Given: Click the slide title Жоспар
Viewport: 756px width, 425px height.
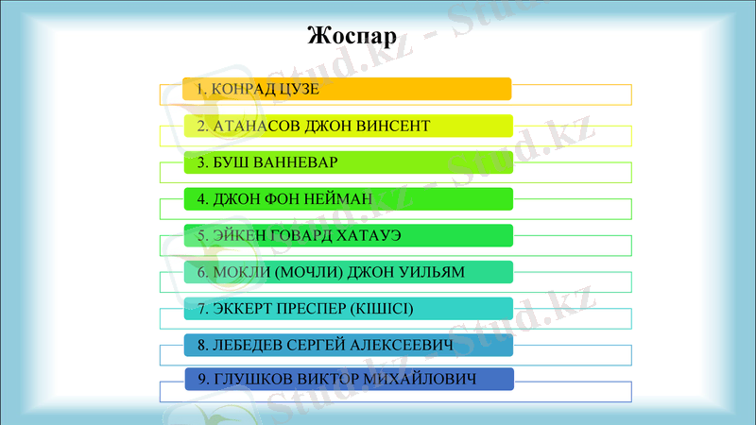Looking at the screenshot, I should pyautogui.click(x=352, y=37).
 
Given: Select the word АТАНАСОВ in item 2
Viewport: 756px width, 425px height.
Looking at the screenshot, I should pyautogui.click(x=249, y=126).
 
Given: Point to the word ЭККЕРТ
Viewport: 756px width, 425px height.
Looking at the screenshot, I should pyautogui.click(x=241, y=309).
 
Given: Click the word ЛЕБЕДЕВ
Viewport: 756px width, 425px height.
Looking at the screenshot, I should pyautogui.click(x=246, y=346).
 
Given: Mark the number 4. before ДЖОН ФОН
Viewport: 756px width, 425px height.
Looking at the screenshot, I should pyautogui.click(x=202, y=199).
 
